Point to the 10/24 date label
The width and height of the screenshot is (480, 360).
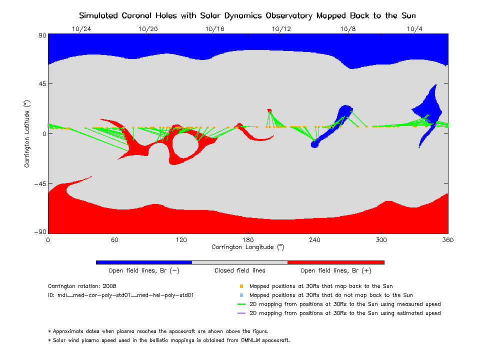click(81, 28)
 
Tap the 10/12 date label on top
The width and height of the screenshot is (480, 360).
click(281, 28)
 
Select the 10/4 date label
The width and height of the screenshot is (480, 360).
click(415, 28)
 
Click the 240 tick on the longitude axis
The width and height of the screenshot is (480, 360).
click(314, 239)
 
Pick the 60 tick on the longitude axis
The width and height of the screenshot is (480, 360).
click(114, 239)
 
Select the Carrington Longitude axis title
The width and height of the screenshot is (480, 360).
click(247, 247)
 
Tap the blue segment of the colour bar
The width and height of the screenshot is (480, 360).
click(143, 262)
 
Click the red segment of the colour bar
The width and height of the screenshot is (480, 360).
click(335, 262)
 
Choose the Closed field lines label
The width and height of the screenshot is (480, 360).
click(240, 270)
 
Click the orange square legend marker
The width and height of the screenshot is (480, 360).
click(241, 286)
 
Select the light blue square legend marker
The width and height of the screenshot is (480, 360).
click(241, 295)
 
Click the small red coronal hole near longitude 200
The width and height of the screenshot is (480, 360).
click(269, 110)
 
